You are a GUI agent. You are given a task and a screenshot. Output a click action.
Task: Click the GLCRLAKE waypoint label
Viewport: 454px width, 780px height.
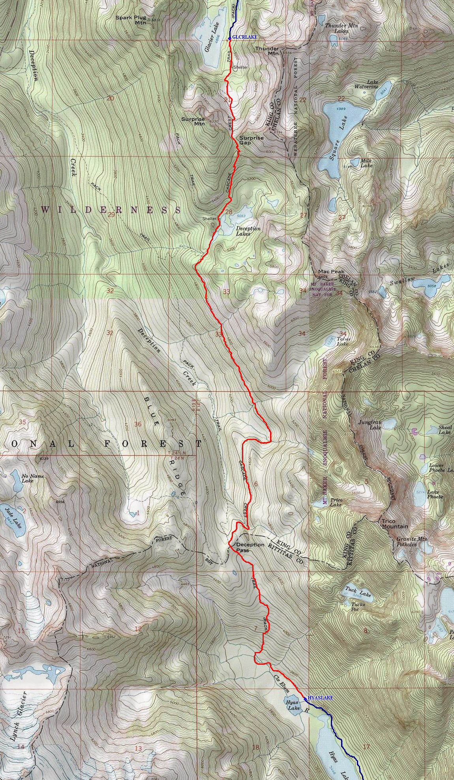point(245,37)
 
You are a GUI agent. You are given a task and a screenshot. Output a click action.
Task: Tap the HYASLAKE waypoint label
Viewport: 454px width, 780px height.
point(320,698)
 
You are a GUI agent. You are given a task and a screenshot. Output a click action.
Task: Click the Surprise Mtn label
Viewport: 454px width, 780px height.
point(193,121)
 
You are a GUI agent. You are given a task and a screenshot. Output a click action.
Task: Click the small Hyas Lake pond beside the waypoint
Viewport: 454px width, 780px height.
point(293,704)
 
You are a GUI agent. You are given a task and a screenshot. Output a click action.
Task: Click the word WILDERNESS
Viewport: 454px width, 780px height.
point(110,210)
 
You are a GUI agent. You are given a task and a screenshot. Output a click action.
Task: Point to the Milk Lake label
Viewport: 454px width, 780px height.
point(366,163)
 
